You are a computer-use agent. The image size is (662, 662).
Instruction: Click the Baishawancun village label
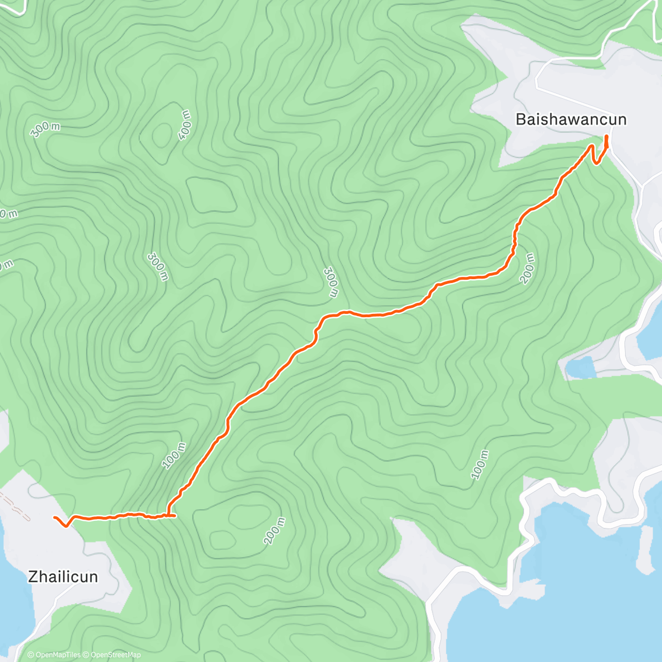[x=570, y=119]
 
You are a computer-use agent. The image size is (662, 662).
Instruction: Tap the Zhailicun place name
[x=63, y=577]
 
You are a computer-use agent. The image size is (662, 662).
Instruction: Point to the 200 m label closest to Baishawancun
[x=527, y=268]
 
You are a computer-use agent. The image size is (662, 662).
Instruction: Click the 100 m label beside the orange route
[x=174, y=456]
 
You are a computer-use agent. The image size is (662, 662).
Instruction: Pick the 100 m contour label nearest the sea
[x=480, y=465]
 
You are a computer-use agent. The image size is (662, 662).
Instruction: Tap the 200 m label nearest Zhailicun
[x=274, y=531]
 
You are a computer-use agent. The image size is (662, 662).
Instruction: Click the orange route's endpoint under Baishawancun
[x=607, y=136]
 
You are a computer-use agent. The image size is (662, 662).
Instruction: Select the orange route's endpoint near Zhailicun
[x=54, y=517]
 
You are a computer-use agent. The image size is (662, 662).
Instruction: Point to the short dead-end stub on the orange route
[x=172, y=516]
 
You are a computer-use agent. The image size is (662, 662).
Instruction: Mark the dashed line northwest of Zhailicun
[x=15, y=507]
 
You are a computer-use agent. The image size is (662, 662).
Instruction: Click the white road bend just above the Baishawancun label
[x=538, y=77]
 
